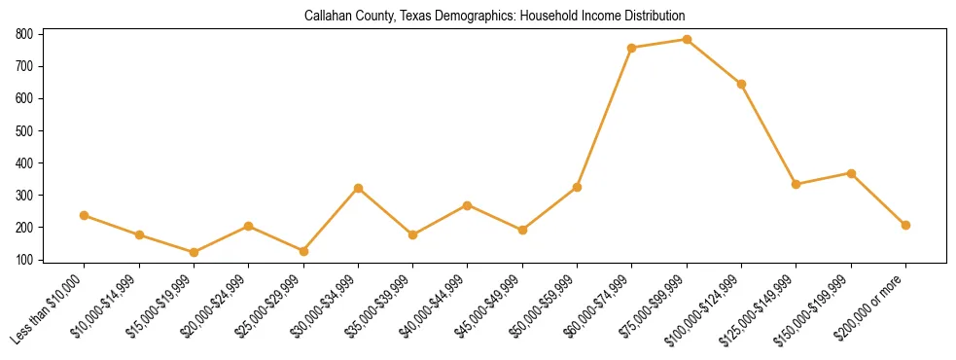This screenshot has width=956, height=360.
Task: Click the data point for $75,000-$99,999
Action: click(687, 40)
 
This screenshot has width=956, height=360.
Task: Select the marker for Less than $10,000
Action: click(85, 215)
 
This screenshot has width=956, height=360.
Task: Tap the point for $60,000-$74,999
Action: click(632, 48)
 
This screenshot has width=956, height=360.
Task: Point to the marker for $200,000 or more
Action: click(905, 225)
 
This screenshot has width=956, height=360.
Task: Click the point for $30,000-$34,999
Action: click(358, 188)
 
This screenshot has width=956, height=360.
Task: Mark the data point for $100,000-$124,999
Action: click(741, 84)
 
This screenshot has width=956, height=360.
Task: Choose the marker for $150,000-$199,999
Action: click(851, 173)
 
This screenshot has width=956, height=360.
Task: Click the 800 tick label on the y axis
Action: click(24, 34)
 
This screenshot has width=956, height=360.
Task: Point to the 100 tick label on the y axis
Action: click(24, 260)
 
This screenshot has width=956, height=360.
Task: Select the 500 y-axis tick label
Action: click(24, 130)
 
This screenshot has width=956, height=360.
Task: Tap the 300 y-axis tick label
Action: click(24, 196)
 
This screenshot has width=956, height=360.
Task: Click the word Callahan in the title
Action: click(328, 16)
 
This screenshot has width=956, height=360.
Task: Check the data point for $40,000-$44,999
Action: click(468, 205)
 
